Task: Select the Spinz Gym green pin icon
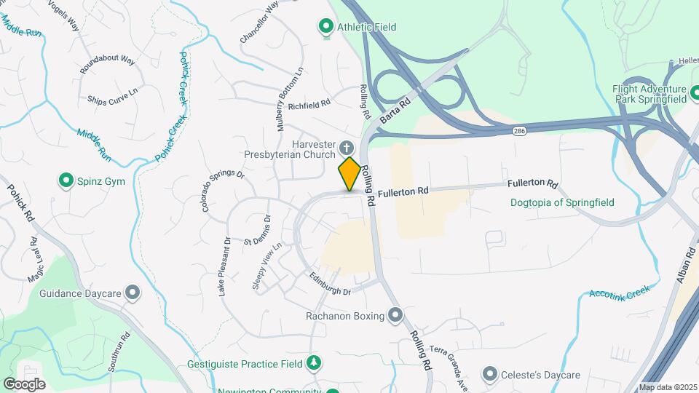click(x=66, y=180)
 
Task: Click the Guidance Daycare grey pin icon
click(x=133, y=293)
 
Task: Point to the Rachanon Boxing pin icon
click(x=395, y=315)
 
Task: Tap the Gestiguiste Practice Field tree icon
click(x=314, y=362)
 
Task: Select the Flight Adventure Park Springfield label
click(x=650, y=93)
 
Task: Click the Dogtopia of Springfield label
click(x=562, y=202)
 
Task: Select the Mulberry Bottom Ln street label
click(x=288, y=100)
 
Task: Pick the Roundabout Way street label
click(x=108, y=63)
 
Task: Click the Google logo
click(x=25, y=384)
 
